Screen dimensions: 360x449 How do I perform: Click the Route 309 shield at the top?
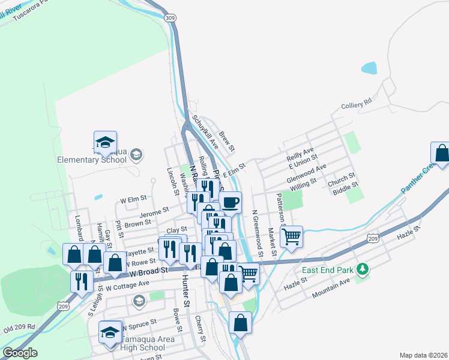point(170,19)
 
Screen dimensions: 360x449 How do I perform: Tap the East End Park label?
point(327,270)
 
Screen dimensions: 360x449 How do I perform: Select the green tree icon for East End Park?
point(361,269)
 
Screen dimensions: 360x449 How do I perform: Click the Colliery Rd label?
point(357,105)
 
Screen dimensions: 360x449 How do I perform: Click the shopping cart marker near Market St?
point(291,236)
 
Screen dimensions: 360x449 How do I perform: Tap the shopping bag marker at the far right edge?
point(441,153)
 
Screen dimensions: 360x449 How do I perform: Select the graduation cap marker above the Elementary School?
point(105,142)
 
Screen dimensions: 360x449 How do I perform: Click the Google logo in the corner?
point(20,352)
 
